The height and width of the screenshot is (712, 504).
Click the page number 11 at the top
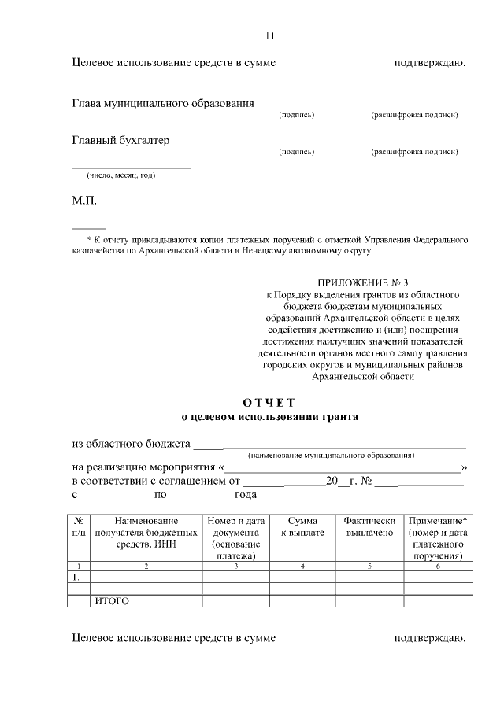pos(269,36)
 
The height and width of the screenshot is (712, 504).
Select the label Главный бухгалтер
pos(120,141)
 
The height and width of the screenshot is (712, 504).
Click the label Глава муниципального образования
pos(163,103)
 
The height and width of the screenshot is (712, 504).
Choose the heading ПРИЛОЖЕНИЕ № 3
pos(363,282)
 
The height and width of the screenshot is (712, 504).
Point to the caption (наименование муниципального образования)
pos(331,456)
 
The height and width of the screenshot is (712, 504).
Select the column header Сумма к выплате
pos(302,526)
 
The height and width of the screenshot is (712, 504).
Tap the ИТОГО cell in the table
pos(112,601)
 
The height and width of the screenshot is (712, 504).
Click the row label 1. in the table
pos(76,577)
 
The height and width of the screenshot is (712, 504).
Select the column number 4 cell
pos(302,566)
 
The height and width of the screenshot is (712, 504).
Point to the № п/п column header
pos(79,526)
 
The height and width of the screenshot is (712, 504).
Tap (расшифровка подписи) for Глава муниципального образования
pos(414,115)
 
